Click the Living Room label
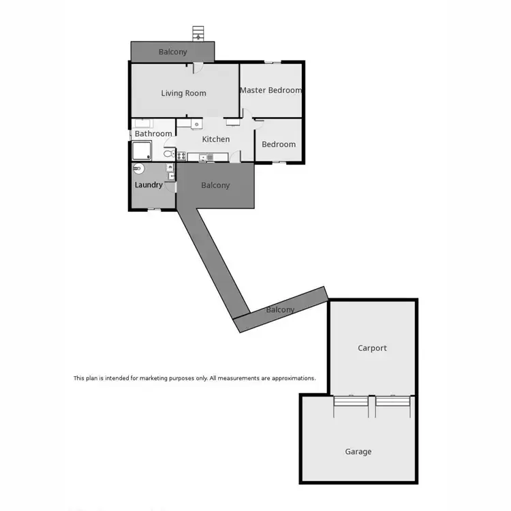pos(183,93)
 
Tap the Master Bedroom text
pos(270,90)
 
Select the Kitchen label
pos(216,139)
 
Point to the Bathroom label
pos(153,134)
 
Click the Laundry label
pos(149,185)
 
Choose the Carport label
pos(372,348)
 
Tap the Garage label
pos(358,451)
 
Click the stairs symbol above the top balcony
pos(198,33)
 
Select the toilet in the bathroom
pos(169,154)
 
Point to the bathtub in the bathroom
pos(143,123)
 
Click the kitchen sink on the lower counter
pos(207,158)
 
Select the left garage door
pos(351,407)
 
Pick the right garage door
pos(393,407)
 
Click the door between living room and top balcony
pos(196,67)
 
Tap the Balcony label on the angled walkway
pos(280,310)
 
